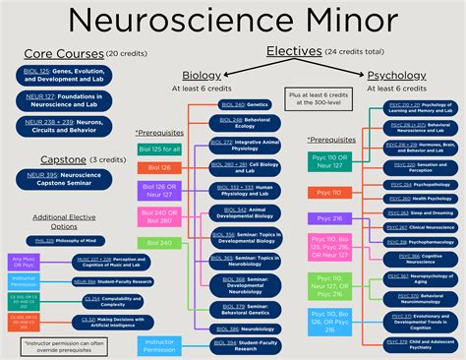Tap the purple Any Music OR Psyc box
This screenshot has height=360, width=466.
click(x=21, y=262)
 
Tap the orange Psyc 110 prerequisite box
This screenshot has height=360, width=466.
click(x=327, y=193)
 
